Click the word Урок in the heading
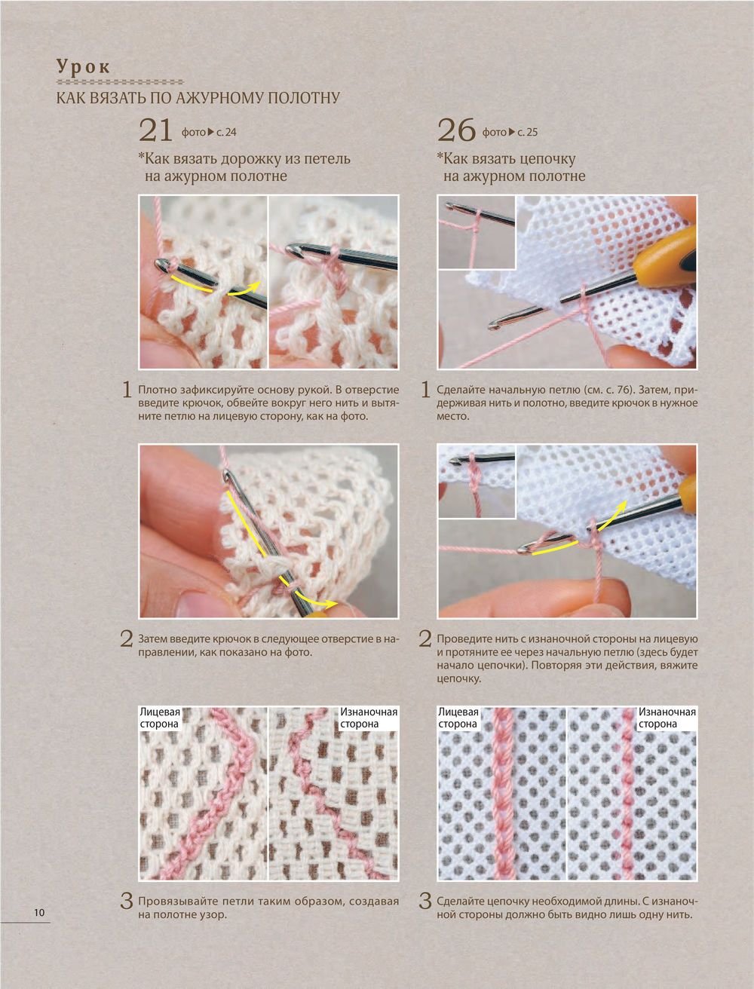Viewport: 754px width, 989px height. tap(83, 66)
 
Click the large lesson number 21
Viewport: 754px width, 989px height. tap(155, 130)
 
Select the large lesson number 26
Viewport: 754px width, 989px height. tap(456, 130)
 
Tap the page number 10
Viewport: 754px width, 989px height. tap(39, 912)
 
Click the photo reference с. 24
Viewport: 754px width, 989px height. tap(226, 133)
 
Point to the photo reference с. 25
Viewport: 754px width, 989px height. tap(527, 133)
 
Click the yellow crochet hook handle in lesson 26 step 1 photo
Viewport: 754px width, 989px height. tap(664, 256)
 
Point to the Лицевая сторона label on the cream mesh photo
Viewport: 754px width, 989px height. tap(160, 718)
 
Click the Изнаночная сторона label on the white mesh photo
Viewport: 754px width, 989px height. tap(667, 718)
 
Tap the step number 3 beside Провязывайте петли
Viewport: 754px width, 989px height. tap(127, 901)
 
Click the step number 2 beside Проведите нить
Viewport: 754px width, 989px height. tap(425, 638)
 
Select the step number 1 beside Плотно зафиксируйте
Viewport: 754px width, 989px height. tap(127, 390)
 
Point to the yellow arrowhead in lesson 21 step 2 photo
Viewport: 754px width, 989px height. tap(333, 605)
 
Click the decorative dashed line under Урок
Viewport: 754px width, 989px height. tap(120, 82)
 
